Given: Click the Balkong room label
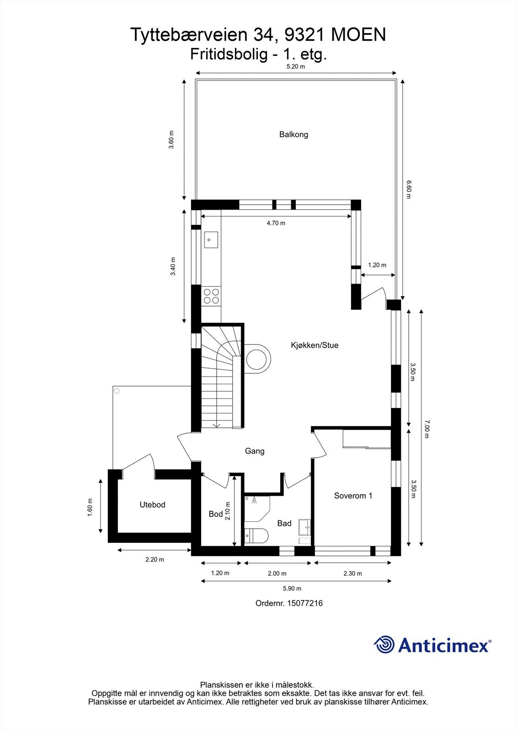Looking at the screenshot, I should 293,134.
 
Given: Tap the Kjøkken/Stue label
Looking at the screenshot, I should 314,345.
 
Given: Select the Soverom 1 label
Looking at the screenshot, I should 353,496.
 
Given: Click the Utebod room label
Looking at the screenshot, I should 152,505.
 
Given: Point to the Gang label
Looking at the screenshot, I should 255,451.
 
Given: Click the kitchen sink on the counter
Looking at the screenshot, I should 211,239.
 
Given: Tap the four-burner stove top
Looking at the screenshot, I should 211,296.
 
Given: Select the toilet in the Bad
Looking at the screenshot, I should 256,535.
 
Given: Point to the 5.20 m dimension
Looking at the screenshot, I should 295,66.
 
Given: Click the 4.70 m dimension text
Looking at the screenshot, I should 276,223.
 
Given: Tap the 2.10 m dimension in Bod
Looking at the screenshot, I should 228,514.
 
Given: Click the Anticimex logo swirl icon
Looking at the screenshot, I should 384,645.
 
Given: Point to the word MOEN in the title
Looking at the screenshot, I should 358,34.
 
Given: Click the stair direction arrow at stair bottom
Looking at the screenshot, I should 217,424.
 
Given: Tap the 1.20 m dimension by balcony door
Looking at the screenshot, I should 377,265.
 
